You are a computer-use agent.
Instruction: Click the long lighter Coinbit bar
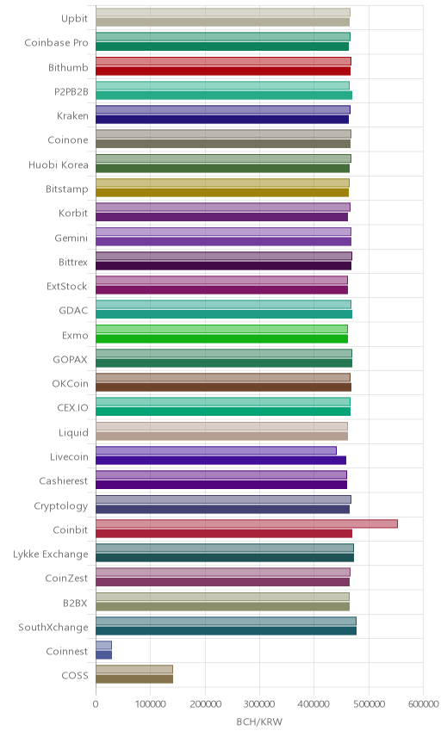(246, 523)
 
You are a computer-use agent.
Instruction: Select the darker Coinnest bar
(104, 654)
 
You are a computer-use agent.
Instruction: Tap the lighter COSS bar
(134, 669)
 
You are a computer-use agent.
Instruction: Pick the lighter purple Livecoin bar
(216, 451)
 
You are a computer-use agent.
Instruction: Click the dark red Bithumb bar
(223, 71)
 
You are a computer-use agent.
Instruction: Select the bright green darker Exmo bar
(222, 338)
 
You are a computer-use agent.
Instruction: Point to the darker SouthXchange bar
(227, 631)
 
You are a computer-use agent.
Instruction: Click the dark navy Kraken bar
(222, 120)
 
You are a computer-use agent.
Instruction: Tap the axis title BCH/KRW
(259, 722)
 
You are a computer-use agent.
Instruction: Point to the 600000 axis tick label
(423, 703)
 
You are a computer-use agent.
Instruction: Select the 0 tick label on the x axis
(96, 703)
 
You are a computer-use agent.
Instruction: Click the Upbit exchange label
(74, 18)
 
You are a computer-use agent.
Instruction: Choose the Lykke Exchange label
(50, 554)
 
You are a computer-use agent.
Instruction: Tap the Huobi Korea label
(59, 164)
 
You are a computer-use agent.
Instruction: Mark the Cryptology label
(60, 505)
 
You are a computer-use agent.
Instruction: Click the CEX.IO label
(72, 407)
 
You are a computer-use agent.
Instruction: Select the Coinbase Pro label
(57, 43)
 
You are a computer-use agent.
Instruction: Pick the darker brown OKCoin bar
(223, 387)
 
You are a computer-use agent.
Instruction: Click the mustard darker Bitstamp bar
(222, 193)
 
